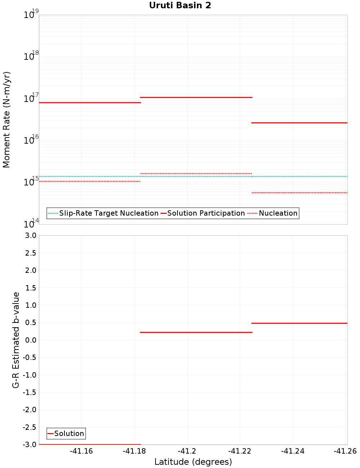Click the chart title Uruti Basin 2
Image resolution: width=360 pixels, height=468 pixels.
click(x=180, y=5)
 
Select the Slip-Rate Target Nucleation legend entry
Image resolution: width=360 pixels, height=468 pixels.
click(x=108, y=213)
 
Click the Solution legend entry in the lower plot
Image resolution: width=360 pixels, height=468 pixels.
click(x=69, y=433)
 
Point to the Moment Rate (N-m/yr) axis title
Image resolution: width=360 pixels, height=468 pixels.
click(x=6, y=120)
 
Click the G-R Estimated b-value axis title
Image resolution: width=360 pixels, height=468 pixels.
click(x=16, y=340)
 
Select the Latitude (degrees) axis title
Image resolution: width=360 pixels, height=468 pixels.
click(x=193, y=462)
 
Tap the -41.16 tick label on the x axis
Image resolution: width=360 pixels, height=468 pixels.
click(x=81, y=451)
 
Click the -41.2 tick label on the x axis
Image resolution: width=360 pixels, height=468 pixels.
click(x=187, y=451)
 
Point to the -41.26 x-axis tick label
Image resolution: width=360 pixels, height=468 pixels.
click(x=345, y=451)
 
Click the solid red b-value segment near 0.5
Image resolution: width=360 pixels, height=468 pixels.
click(x=299, y=323)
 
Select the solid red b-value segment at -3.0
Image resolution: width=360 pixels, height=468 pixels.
click(x=90, y=444)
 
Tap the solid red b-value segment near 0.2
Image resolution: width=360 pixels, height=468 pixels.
click(x=196, y=332)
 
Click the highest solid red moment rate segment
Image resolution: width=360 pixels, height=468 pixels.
click(x=196, y=97)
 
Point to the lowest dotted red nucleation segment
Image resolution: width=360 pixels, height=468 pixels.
click(x=299, y=193)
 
